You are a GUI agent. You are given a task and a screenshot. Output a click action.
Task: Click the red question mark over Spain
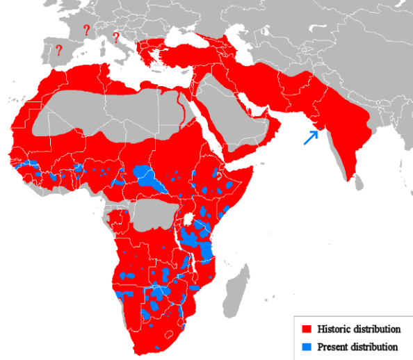click(x=59, y=50)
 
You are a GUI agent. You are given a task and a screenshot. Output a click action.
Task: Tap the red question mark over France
click(x=86, y=31)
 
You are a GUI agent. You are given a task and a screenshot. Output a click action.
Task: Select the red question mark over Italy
click(x=115, y=38)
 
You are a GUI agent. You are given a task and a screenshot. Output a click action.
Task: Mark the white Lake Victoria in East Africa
click(x=188, y=219)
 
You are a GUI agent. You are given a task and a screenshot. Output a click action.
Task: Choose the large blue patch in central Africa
click(x=147, y=179)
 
